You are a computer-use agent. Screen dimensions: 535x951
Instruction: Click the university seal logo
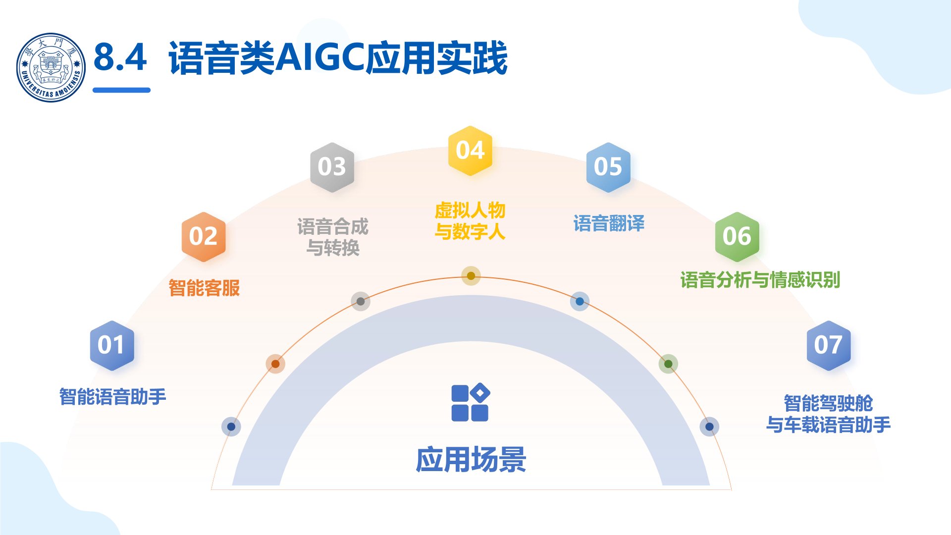pyautogui.click(x=51, y=67)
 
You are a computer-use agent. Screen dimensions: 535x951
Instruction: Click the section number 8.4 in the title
pyautogui.click(x=120, y=57)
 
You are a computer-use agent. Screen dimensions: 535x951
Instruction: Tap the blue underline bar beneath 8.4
pyautogui.click(x=121, y=90)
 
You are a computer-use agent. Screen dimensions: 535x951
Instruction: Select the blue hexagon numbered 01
pyautogui.click(x=111, y=345)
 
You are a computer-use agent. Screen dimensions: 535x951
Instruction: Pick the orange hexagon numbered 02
pyautogui.click(x=204, y=236)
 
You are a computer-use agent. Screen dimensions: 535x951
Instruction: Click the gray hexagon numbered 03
pyautogui.click(x=332, y=167)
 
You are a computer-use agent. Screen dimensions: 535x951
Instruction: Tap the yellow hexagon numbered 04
pyautogui.click(x=470, y=151)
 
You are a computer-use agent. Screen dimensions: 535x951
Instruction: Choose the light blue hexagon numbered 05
pyautogui.click(x=608, y=167)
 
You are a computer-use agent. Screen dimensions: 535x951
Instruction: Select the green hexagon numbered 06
pyautogui.click(x=737, y=236)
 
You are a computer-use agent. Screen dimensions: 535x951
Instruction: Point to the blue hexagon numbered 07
pyautogui.click(x=828, y=345)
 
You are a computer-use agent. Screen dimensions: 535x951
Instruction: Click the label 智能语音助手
pyautogui.click(x=112, y=397)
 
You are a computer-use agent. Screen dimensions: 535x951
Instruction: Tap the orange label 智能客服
pyautogui.click(x=204, y=288)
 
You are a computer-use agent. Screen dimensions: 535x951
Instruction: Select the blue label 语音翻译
pyautogui.click(x=609, y=223)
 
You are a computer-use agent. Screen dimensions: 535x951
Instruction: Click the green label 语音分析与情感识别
pyautogui.click(x=760, y=280)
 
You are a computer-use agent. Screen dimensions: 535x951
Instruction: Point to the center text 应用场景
pyautogui.click(x=471, y=460)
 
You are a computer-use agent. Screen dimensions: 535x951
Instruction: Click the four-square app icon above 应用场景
pyautogui.click(x=470, y=403)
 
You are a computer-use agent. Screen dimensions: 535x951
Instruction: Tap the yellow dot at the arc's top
pyautogui.click(x=471, y=276)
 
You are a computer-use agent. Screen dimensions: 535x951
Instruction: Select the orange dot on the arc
pyautogui.click(x=275, y=364)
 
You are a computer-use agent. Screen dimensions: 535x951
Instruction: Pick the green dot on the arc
pyautogui.click(x=668, y=364)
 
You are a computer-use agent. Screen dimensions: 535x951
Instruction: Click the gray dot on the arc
pyautogui.click(x=361, y=301)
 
